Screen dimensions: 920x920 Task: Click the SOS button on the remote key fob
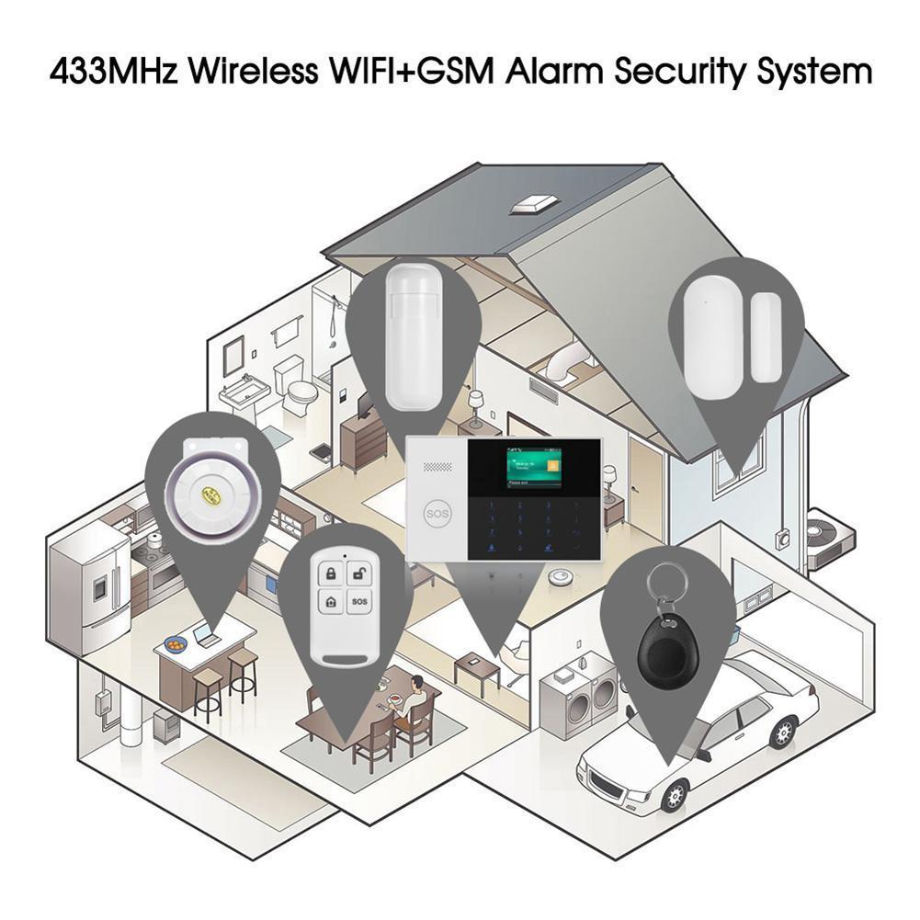pyautogui.click(x=359, y=603)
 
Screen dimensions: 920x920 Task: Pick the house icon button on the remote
pyautogui.click(x=329, y=604)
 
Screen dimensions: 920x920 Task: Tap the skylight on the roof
pyautogui.click(x=536, y=203)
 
